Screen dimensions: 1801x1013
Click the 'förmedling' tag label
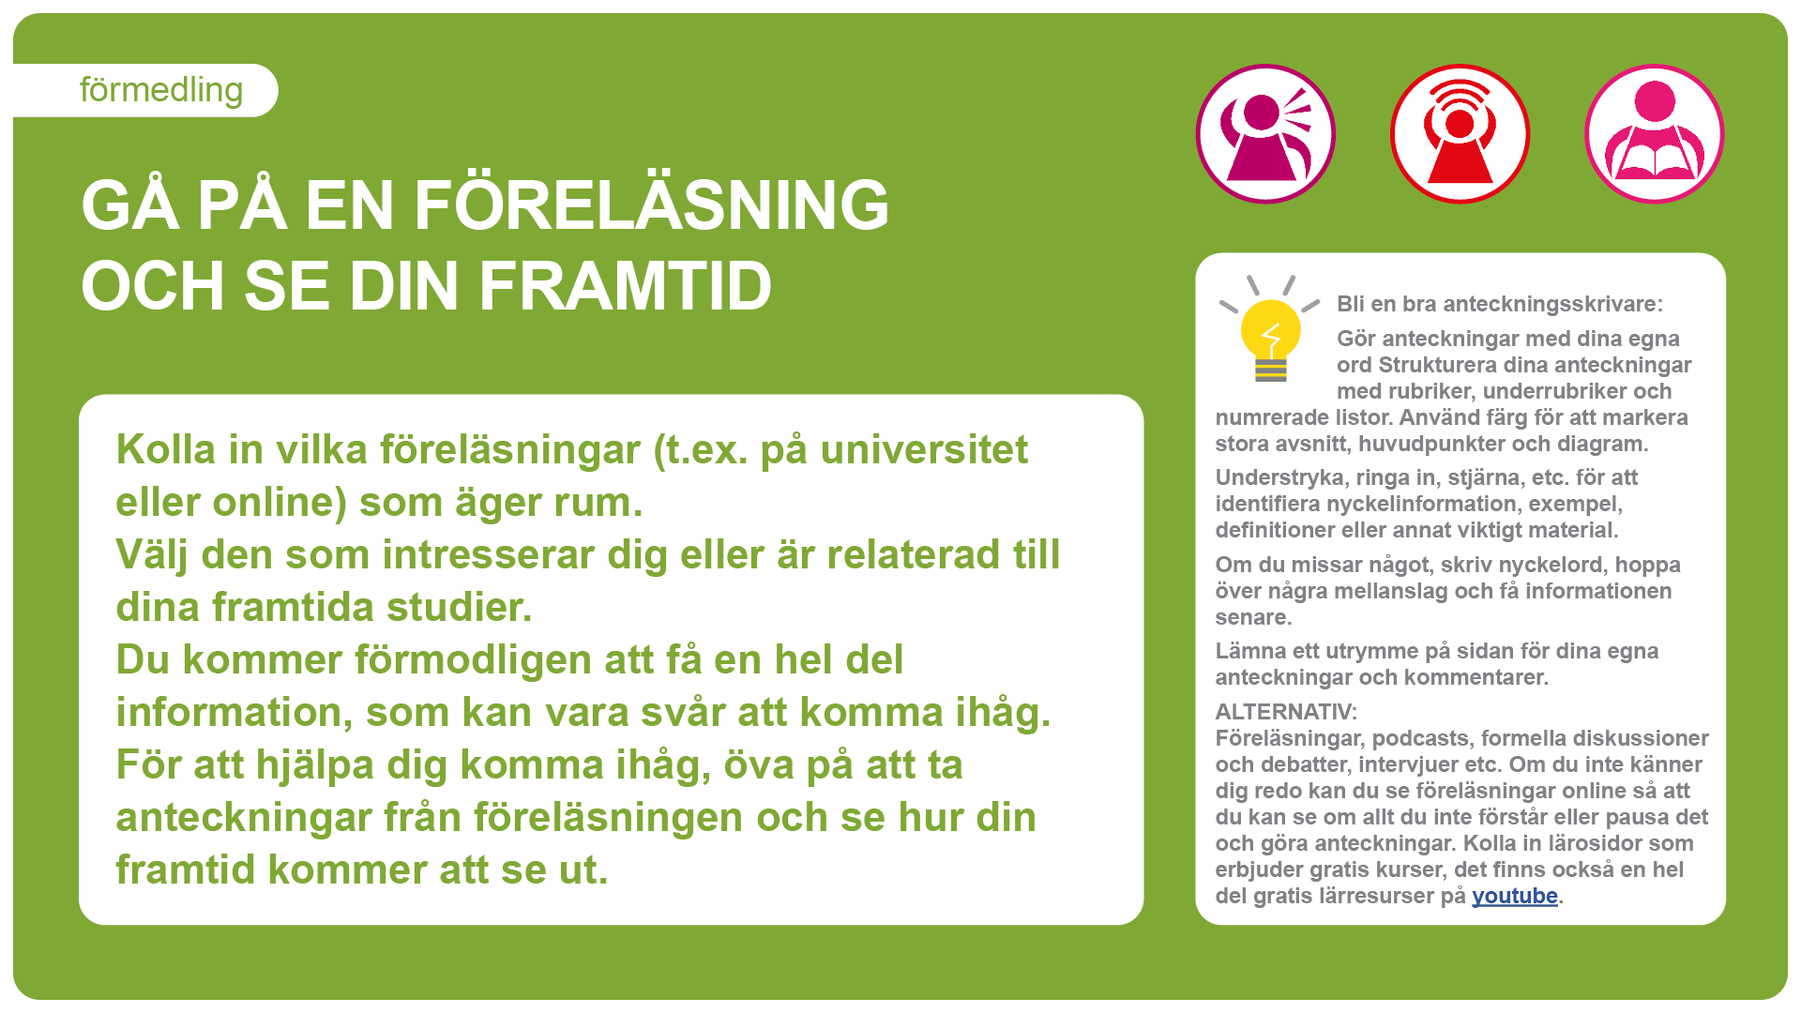point(161,90)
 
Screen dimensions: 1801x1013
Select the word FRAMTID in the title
point(626,286)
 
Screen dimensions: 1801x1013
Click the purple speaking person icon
point(1265,133)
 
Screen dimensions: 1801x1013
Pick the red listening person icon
point(1460,133)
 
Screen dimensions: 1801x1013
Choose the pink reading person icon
point(1655,133)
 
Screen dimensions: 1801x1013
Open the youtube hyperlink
point(1515,896)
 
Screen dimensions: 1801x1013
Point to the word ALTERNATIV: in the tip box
point(1286,712)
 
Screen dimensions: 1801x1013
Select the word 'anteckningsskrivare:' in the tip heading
point(1552,304)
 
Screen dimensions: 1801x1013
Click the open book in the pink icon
point(1655,159)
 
